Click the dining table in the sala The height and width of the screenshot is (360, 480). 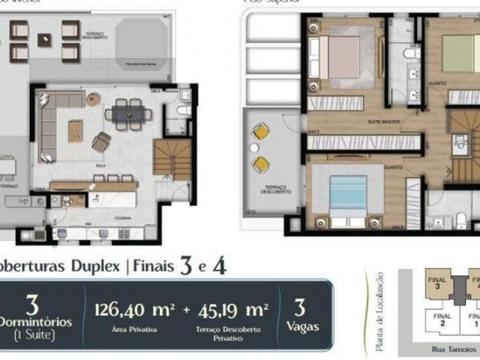pyautogui.click(x=127, y=113)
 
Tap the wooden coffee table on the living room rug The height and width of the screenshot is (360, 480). pyautogui.click(x=75, y=131)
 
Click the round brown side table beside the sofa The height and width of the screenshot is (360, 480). pyautogui.click(x=93, y=99)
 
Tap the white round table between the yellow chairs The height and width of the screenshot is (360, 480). pyautogui.click(x=261, y=148)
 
